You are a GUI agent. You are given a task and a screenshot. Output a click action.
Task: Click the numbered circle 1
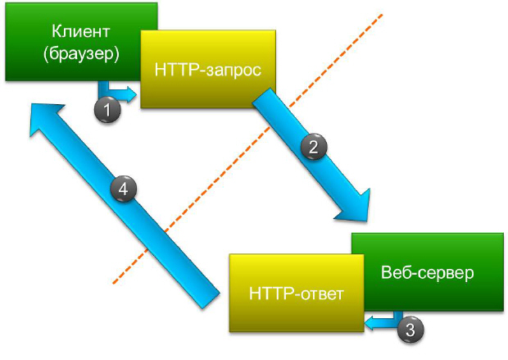tap(107, 108)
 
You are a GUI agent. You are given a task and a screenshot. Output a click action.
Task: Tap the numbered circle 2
tap(314, 148)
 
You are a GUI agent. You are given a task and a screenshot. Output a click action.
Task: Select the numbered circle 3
tap(411, 330)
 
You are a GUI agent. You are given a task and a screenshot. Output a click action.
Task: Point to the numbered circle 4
tap(123, 189)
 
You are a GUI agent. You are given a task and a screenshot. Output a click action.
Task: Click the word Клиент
tap(80, 33)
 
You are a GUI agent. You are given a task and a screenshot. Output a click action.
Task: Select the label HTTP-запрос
tap(207, 70)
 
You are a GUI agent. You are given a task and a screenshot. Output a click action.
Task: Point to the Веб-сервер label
tap(427, 272)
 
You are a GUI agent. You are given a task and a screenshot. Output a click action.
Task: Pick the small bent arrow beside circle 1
tap(115, 90)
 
